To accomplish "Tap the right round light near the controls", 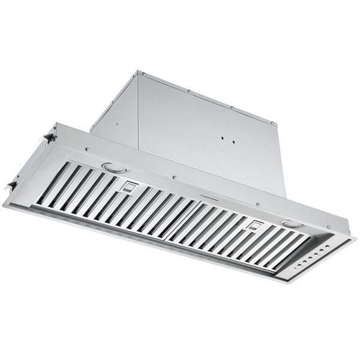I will pos(292,224).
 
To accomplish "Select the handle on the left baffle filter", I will pos(127,187).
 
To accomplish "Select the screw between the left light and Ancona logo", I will pos(173,178).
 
